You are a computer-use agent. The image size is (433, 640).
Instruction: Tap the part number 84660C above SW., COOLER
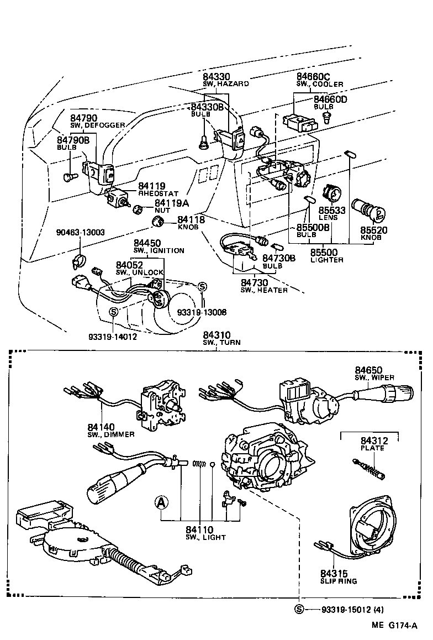coord(313,77)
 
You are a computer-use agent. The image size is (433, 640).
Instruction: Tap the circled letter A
coord(160,502)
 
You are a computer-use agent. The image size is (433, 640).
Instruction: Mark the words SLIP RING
coord(339,581)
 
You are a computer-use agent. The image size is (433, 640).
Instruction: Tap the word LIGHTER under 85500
coord(326,260)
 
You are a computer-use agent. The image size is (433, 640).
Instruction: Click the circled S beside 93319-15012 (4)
coord(299,609)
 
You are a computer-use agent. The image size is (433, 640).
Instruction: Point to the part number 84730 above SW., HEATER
coord(254,282)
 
